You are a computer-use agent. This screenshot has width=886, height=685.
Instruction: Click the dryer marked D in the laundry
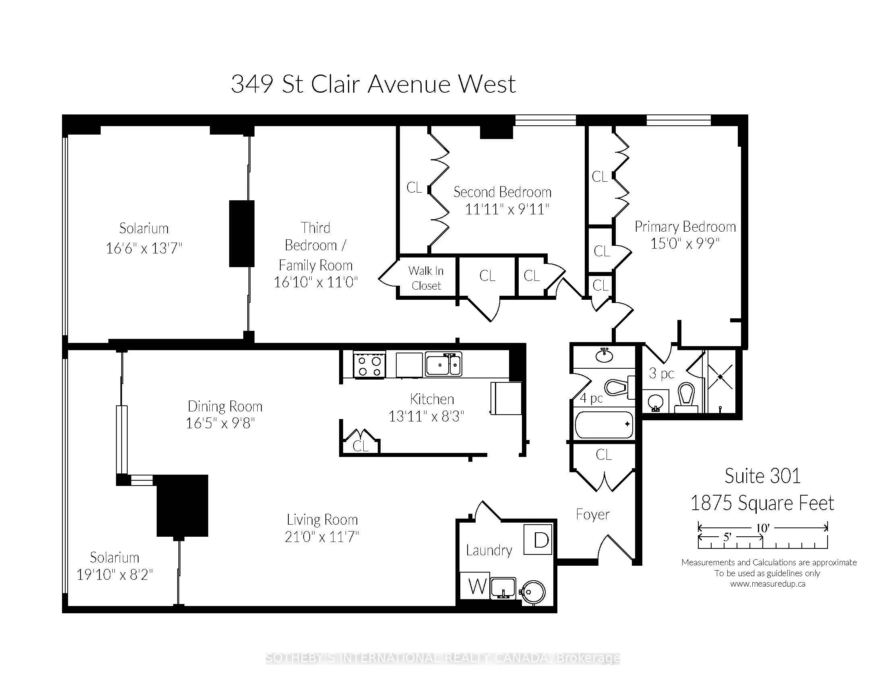click(538, 539)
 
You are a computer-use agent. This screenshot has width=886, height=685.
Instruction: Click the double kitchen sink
click(443, 364)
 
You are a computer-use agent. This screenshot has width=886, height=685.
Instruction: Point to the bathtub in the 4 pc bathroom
click(604, 424)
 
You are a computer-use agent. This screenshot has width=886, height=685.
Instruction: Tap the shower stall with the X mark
click(720, 377)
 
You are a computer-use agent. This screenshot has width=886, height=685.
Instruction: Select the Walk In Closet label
click(426, 278)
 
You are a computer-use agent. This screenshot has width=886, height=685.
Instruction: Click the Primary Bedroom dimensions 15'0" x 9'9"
click(685, 243)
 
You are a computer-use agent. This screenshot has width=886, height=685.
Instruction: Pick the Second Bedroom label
click(502, 192)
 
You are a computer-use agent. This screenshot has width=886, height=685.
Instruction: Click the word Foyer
click(592, 515)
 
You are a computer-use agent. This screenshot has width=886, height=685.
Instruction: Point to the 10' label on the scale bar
click(763, 528)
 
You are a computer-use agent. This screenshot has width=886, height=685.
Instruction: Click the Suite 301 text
click(762, 476)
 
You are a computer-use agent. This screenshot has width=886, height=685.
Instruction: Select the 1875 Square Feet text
click(762, 503)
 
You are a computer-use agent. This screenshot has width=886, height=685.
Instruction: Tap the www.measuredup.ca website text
click(768, 584)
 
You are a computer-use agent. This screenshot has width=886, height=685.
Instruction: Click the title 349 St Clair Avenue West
click(373, 84)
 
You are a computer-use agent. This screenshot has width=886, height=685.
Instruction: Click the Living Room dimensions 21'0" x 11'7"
click(322, 537)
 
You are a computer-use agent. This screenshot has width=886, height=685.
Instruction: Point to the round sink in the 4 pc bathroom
click(604, 356)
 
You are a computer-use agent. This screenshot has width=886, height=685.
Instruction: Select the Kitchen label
click(432, 399)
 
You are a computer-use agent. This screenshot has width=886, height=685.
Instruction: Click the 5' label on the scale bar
click(727, 537)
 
